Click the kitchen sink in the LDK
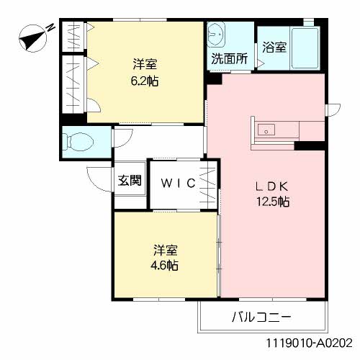coord(265,130)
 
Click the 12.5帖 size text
coord(273,202)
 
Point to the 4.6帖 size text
coord(165,265)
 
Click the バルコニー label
coord(261,316)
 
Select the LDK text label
coord(273,185)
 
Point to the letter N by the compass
coord(52,27)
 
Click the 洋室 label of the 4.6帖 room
coord(165,250)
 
